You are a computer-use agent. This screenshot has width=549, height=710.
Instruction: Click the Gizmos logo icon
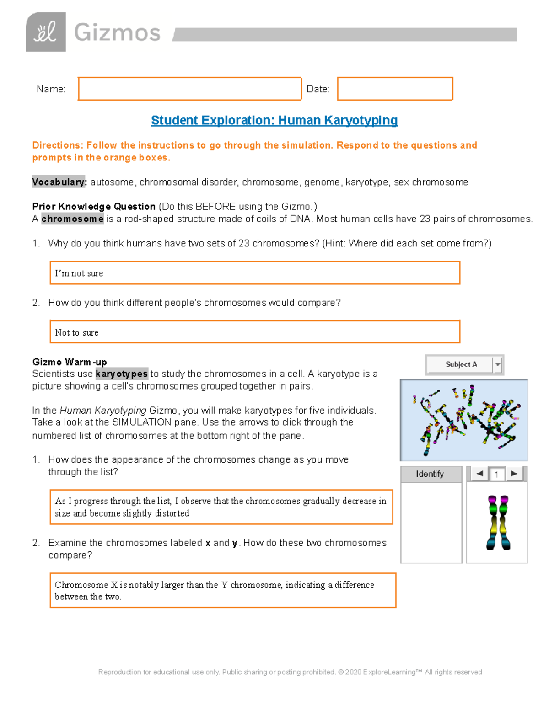[46, 32]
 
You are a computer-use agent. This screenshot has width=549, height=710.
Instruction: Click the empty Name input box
[189, 89]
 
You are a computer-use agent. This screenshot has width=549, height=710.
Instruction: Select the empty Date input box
[395, 89]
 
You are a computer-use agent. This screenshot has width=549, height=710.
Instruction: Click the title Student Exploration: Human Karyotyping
[274, 120]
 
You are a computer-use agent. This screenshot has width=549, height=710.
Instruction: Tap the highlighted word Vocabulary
[59, 182]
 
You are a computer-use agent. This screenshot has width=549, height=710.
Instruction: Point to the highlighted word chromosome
[72, 219]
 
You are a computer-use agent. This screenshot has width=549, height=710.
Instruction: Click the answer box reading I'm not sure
[254, 273]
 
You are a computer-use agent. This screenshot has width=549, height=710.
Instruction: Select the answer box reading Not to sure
[254, 332]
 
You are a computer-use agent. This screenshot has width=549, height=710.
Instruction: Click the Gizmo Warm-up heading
[70, 362]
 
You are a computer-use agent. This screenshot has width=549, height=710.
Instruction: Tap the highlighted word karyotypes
[121, 374]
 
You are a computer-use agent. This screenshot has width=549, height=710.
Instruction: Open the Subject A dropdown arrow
[498, 365]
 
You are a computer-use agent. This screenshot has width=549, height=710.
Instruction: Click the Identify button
[430, 474]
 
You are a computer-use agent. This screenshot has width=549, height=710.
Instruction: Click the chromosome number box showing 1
[496, 475]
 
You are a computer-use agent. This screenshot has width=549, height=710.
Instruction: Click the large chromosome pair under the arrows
[498, 523]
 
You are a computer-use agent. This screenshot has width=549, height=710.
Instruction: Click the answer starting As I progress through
[221, 507]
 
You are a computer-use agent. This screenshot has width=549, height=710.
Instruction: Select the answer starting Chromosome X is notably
[222, 590]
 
